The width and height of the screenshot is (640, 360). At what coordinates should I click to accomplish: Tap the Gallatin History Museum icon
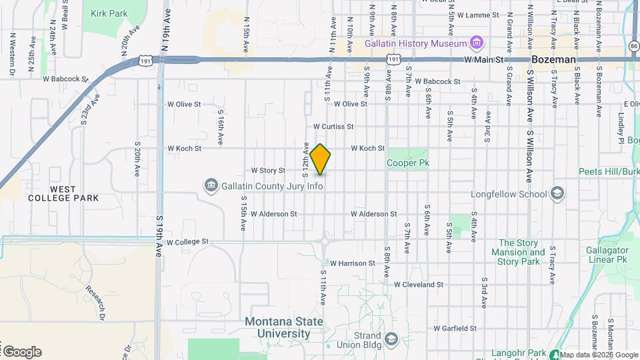pos(476,43)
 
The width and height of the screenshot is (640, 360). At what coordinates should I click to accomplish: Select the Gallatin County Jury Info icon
pos(211,184)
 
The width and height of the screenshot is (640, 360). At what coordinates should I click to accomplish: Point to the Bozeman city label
pos(553,59)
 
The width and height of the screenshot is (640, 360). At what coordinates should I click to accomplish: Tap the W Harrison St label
pos(352,263)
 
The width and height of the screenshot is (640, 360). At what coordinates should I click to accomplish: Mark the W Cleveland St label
pos(418,284)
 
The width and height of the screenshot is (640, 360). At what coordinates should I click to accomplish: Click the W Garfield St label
pos(455,328)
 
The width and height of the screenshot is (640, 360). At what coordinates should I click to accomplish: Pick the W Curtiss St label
pos(333,126)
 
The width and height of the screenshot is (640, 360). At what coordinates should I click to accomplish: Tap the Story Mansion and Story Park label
pos(519,252)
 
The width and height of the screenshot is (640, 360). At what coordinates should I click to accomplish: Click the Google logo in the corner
pos(22,351)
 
